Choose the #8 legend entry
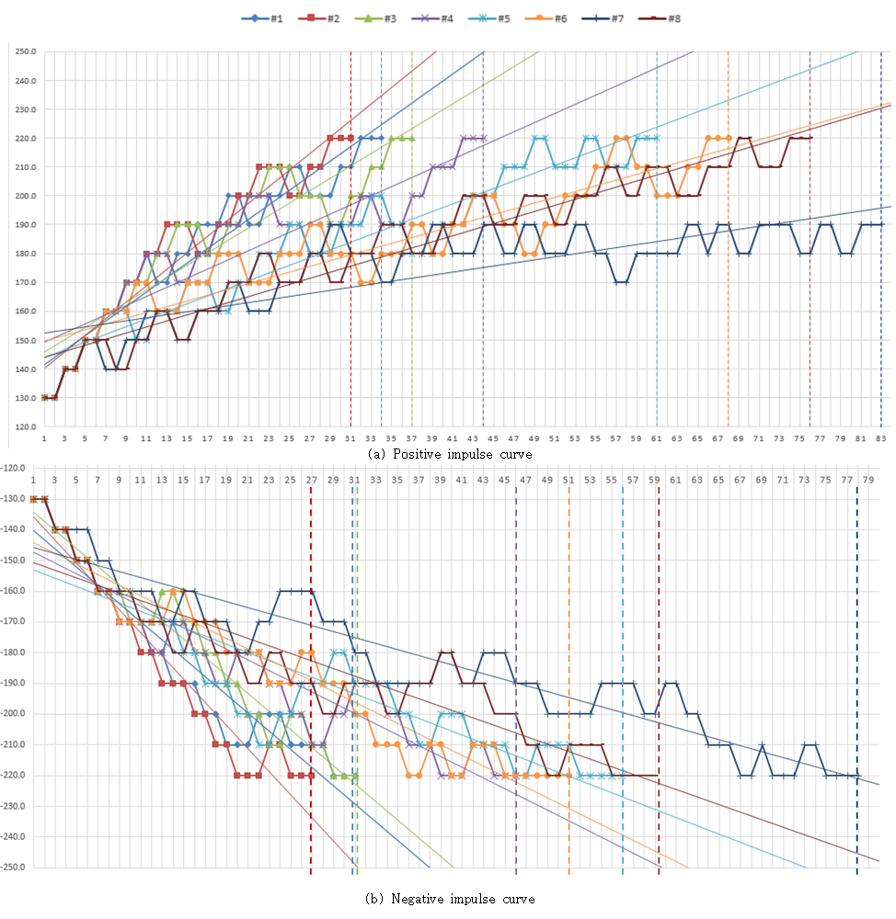[x=664, y=18]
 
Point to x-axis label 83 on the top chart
[x=880, y=439]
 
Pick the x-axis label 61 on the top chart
[x=656, y=439]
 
